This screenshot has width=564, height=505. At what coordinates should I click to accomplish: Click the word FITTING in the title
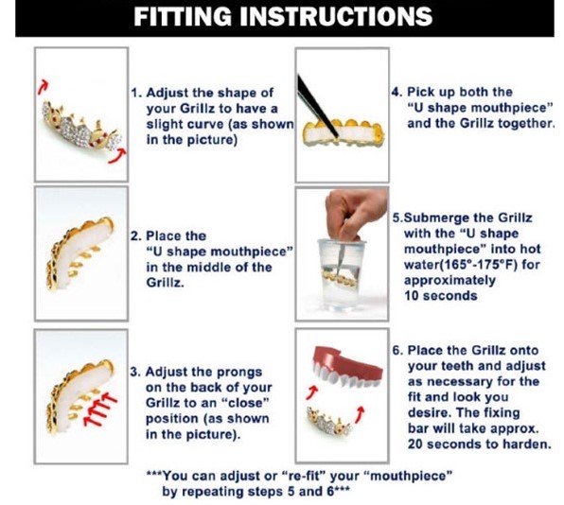[183, 16]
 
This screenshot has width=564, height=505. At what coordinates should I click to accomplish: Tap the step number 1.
[135, 93]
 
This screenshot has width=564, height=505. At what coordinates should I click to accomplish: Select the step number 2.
[135, 236]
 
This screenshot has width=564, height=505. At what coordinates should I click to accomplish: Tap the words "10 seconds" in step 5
[441, 296]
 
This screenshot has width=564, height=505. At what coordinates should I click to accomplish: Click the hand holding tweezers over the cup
[355, 216]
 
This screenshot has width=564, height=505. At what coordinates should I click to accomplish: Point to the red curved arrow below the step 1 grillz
[117, 157]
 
